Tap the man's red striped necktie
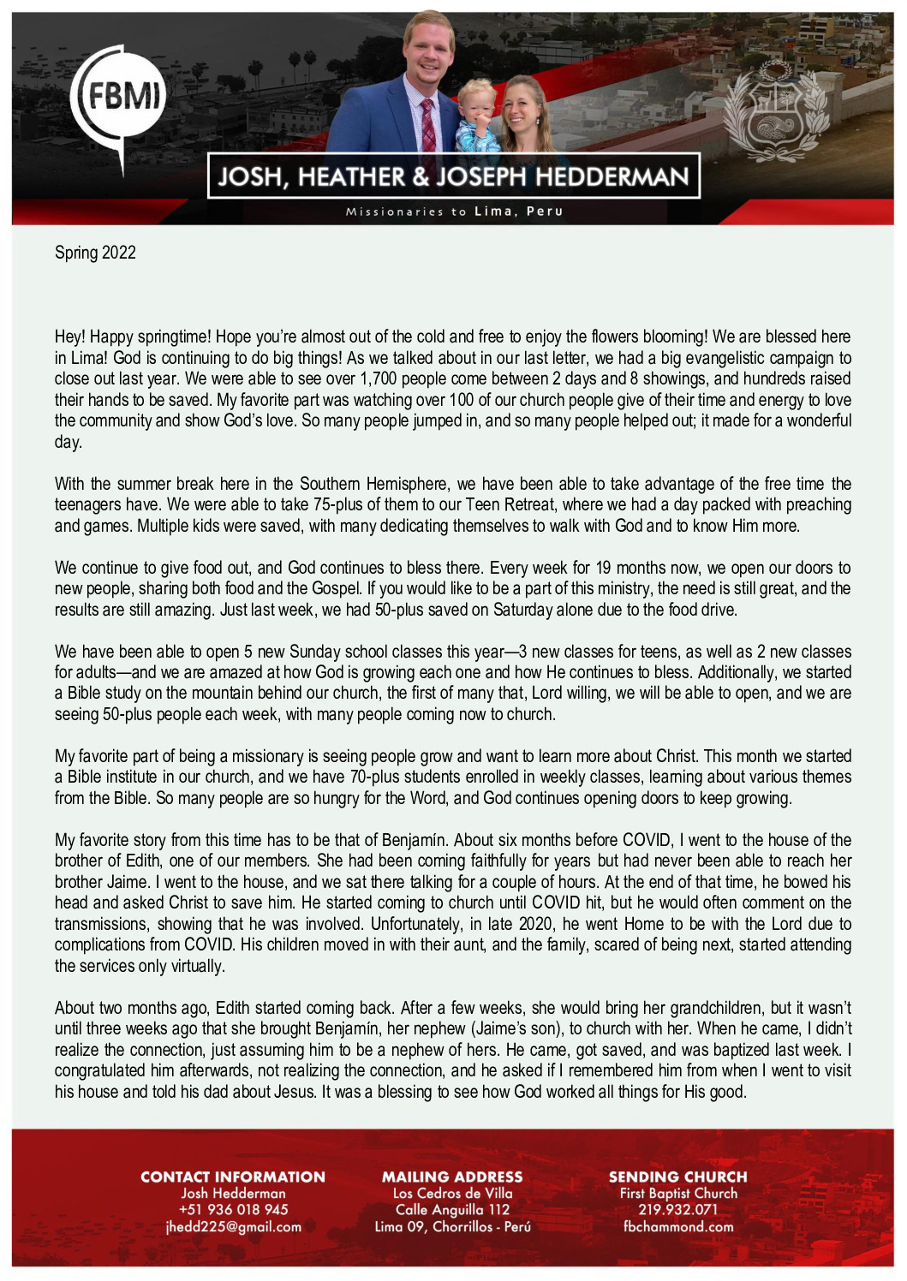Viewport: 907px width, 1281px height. tap(428, 128)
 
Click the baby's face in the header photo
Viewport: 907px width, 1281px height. tap(476, 105)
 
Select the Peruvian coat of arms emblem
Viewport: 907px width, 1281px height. tap(776, 111)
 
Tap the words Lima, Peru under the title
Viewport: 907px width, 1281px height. tap(519, 212)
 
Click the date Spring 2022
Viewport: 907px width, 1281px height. tap(95, 253)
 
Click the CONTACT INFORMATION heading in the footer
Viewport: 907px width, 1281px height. tap(233, 1177)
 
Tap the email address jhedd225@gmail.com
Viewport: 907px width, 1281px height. tap(233, 1227)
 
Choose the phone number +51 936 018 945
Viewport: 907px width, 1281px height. tap(233, 1210)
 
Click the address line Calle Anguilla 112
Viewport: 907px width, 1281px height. tap(452, 1210)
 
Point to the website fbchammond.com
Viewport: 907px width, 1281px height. tap(677, 1227)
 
